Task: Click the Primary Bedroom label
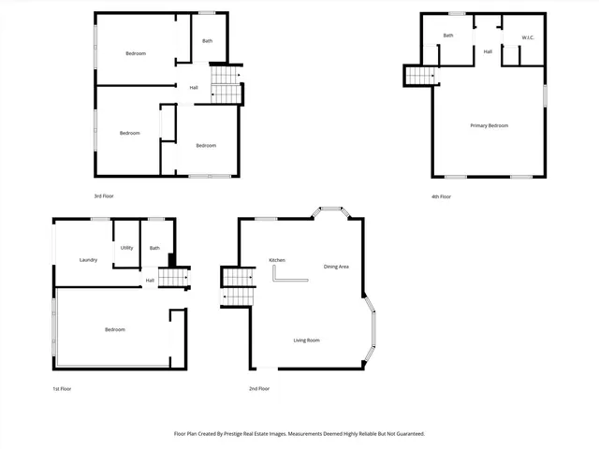[x=489, y=125]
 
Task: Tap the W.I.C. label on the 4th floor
[x=527, y=38]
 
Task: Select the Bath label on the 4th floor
[x=448, y=36]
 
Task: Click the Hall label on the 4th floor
[x=488, y=51]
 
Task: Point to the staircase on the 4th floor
[x=421, y=75]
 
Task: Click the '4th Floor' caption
[x=441, y=196]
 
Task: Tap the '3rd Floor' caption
[x=104, y=196]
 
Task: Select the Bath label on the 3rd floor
[x=207, y=41]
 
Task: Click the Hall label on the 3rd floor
[x=194, y=88]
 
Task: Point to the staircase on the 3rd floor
[x=225, y=84]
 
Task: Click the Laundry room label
[x=89, y=260]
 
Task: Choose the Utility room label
[x=126, y=248]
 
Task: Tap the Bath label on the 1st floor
[x=154, y=248]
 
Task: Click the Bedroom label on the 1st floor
[x=115, y=329]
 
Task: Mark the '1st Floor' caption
[x=62, y=388]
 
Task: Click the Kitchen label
[x=277, y=259]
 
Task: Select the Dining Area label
[x=336, y=268]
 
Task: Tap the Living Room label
[x=306, y=340]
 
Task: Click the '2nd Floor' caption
[x=259, y=388]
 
